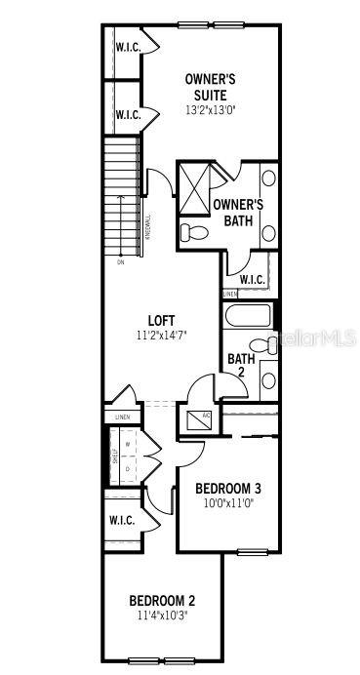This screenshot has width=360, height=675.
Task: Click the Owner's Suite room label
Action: pyautogui.click(x=210, y=87)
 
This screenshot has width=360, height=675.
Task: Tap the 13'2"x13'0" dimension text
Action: pyautogui.click(x=210, y=110)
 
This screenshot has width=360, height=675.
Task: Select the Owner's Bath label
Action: pyautogui.click(x=238, y=213)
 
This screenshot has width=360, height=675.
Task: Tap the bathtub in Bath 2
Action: pyautogui.click(x=248, y=317)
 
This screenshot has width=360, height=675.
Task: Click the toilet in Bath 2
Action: pyautogui.click(x=260, y=344)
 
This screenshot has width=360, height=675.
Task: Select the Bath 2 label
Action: pyautogui.click(x=241, y=366)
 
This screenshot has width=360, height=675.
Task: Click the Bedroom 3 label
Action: pyautogui.click(x=227, y=489)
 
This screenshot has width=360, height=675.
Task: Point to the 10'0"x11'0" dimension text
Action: pyautogui.click(x=227, y=504)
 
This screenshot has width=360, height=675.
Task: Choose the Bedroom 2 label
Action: pyautogui.click(x=164, y=600)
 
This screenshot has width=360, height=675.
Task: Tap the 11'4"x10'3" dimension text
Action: pyautogui.click(x=164, y=615)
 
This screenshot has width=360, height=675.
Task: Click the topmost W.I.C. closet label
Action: pyautogui.click(x=128, y=47)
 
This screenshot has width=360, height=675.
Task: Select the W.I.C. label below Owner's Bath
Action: pyautogui.click(x=252, y=280)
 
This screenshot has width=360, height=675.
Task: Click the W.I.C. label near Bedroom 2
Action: pyautogui.click(x=122, y=521)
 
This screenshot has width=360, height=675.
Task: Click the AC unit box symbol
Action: pyautogui.click(x=194, y=419)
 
